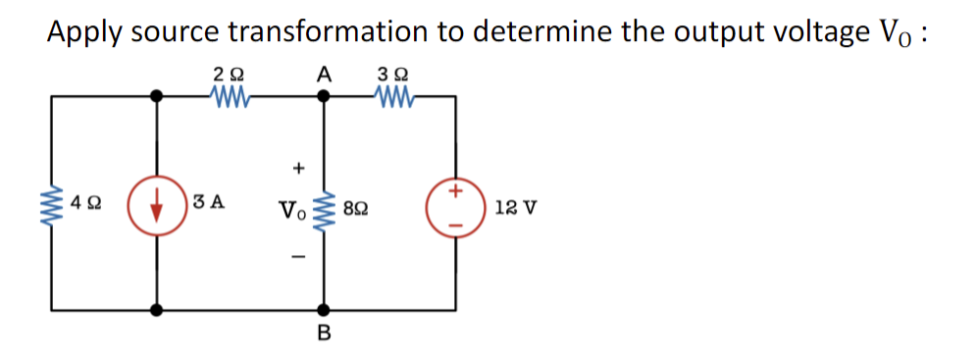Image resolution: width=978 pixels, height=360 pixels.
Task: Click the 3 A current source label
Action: pyautogui.click(x=210, y=204)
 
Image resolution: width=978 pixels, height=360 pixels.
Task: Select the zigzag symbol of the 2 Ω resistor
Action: pyautogui.click(x=232, y=96)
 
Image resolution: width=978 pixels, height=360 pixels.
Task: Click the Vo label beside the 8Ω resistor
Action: pyautogui.click(x=292, y=209)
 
